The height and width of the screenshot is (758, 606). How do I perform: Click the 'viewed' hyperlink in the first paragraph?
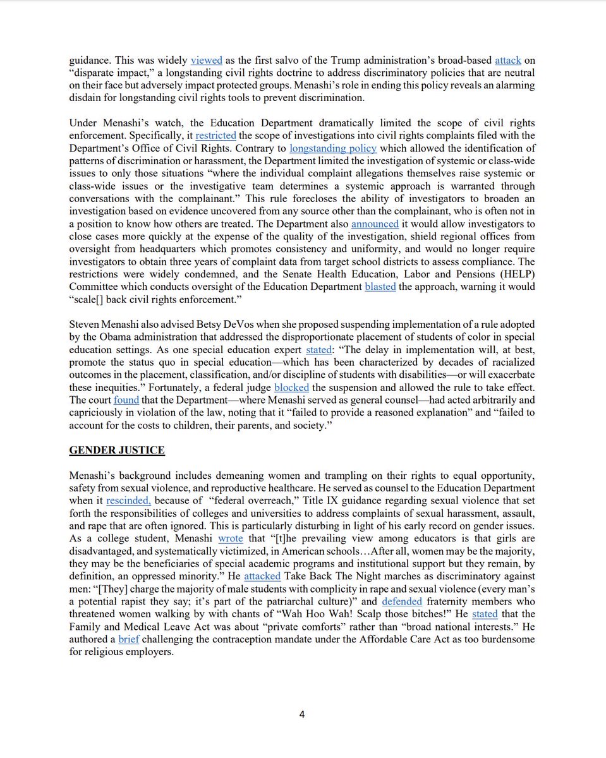coord(207,61)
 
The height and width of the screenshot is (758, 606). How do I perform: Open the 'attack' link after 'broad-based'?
coord(507,61)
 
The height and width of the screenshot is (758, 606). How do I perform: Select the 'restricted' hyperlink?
coord(215,136)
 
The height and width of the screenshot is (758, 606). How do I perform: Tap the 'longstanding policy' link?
coord(333,148)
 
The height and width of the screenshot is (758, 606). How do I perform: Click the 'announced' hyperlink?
coord(375,224)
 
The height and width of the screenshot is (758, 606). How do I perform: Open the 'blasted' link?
coord(380,286)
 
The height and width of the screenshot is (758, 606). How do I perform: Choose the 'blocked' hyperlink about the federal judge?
coord(291,387)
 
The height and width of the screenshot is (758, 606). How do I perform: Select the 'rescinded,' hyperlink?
coord(129,501)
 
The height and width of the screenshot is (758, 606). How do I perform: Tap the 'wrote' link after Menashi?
coord(231,538)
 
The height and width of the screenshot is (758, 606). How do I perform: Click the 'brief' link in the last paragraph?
coord(128,639)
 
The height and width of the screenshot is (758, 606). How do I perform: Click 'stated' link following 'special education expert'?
coord(318,349)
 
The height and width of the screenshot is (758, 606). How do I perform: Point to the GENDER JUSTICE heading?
coord(117,450)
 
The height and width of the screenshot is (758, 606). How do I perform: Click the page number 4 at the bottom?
coord(302,714)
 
